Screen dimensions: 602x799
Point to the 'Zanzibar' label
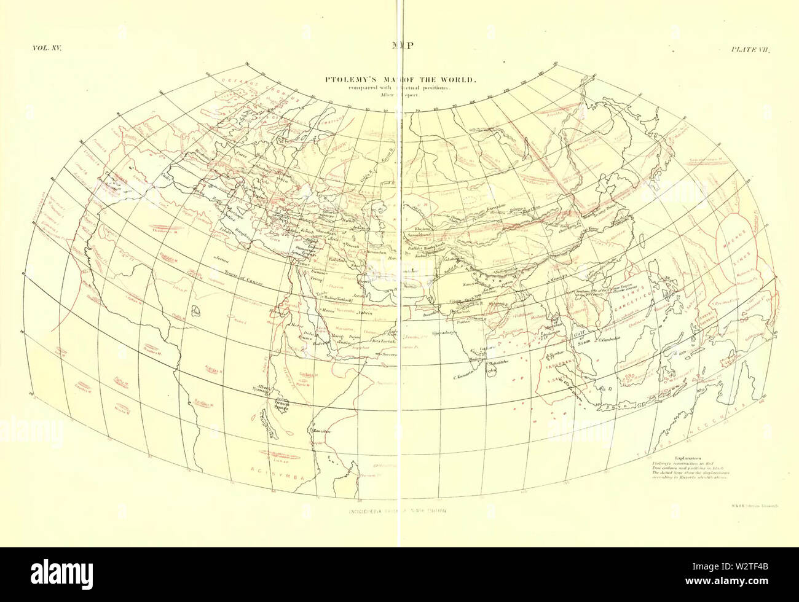point(319,431)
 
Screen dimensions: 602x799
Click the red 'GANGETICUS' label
point(615,290)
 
